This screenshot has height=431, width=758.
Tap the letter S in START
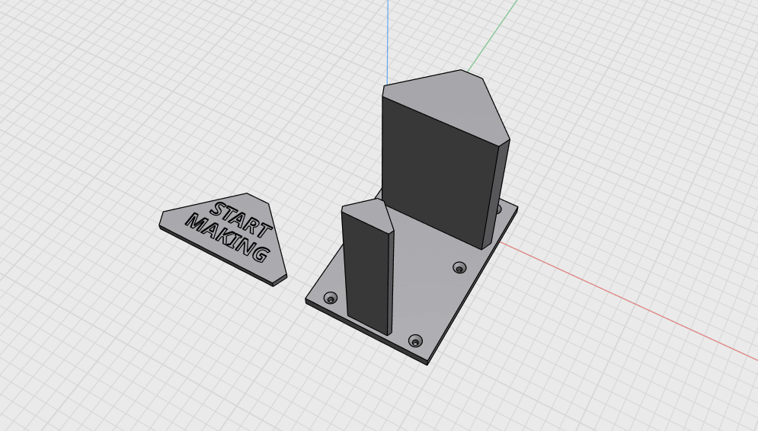point(219,210)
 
